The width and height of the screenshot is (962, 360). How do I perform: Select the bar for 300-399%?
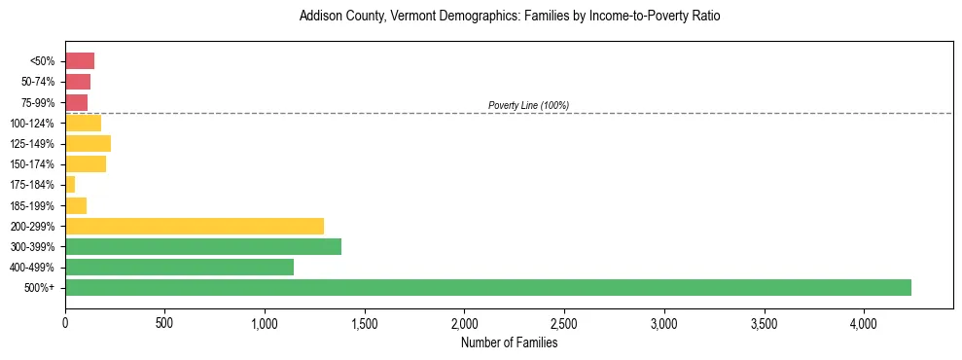pos(203,246)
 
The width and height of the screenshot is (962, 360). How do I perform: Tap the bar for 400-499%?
pos(179,267)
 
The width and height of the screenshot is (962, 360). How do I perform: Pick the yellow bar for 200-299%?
pos(195,226)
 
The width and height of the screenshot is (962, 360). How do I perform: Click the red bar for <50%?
pos(80,61)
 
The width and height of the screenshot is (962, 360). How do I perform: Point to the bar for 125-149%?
pos(88,144)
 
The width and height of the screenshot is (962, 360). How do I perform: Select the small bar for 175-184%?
pos(70,185)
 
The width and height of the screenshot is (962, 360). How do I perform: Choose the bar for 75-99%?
pos(76,102)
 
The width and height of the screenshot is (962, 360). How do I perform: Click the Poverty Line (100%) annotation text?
pos(528,105)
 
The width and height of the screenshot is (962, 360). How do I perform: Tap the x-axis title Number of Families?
pos(510,342)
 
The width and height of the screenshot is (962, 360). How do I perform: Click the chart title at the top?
pos(510,17)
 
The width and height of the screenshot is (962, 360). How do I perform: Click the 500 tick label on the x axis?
pos(164,322)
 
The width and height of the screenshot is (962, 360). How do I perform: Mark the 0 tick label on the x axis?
pos(65,322)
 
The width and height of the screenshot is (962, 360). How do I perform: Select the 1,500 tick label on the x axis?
pos(364,322)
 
